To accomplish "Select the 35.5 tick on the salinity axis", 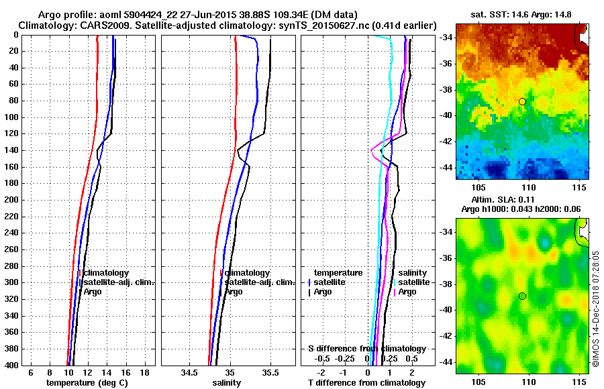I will [x=270, y=372].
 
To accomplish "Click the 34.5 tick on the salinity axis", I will [x=189, y=372].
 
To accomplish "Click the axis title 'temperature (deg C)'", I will [x=87, y=382].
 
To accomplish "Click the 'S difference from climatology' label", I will [x=367, y=349].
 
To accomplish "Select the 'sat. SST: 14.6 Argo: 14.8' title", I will [x=522, y=14].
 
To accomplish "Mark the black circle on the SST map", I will [x=522, y=101].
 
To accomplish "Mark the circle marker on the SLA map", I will [x=522, y=296].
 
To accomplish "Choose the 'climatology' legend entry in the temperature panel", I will [x=111, y=273].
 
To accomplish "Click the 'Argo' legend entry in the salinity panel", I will [x=234, y=292].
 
